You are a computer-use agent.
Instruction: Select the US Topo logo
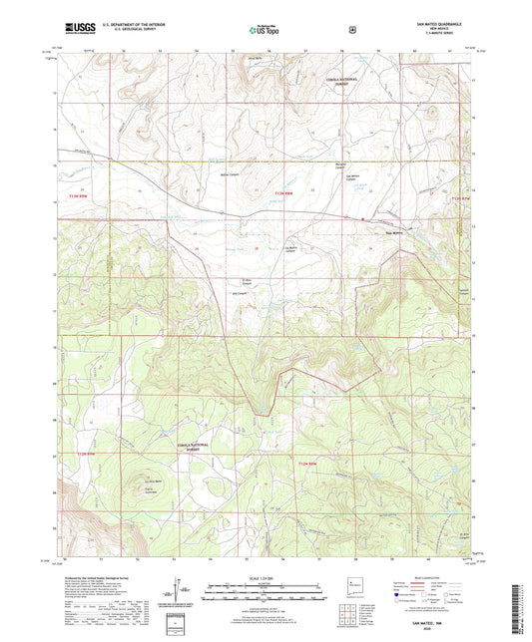(266, 31)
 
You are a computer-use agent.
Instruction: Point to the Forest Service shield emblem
(350, 31)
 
